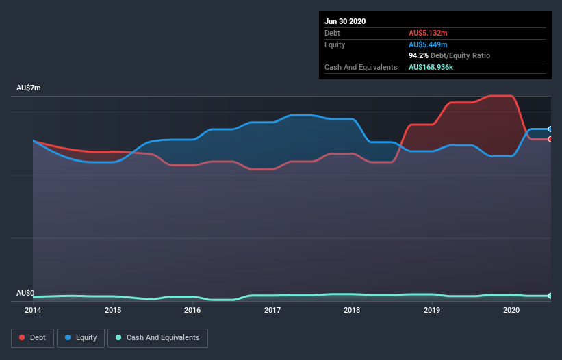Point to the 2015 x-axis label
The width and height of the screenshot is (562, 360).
tap(113, 310)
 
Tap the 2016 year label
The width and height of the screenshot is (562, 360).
tap(192, 310)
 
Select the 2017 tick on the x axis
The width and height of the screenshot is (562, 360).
tap(272, 310)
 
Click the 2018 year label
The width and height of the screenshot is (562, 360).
tap(352, 310)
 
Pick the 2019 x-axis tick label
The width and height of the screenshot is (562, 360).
tap(432, 310)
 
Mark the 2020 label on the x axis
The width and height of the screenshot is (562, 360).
tap(511, 310)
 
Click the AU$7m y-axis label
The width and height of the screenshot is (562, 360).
tap(29, 88)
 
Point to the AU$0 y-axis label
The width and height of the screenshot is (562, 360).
tap(25, 293)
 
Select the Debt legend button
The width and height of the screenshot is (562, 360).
tap(31, 337)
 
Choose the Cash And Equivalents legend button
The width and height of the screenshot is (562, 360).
tap(157, 337)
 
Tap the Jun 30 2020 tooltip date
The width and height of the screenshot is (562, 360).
tap(345, 21)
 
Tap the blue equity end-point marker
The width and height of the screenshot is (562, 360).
tap(550, 129)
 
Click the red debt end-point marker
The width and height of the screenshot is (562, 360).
tap(550, 139)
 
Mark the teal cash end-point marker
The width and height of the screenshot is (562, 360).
tap(550, 296)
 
